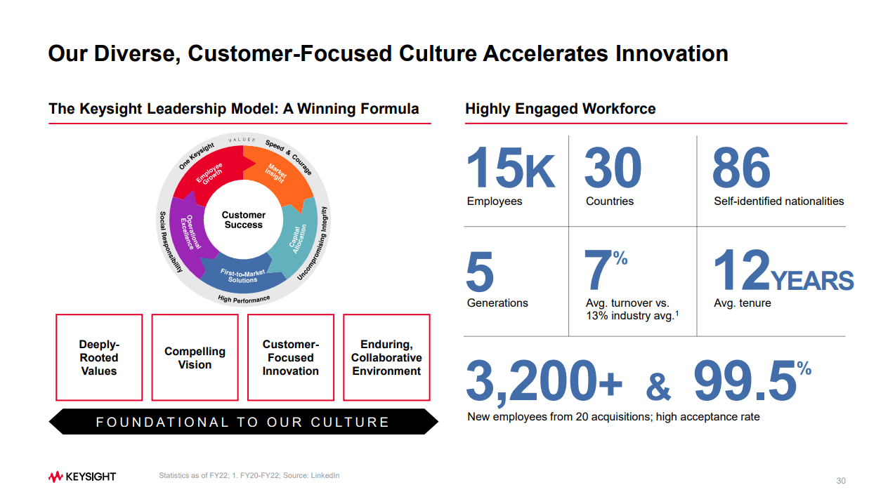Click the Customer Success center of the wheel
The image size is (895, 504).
point(243,220)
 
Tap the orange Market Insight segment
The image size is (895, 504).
point(277,173)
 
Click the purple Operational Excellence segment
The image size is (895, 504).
point(188,234)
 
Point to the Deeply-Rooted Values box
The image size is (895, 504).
point(99,357)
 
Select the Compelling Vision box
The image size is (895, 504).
point(195,357)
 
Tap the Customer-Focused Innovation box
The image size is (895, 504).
point(291,357)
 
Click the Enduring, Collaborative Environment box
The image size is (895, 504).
point(387,357)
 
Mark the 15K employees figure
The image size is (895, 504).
point(511,167)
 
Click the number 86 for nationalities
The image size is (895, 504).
point(741,167)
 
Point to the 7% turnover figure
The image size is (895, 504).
point(606,270)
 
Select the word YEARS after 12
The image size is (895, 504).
point(811,280)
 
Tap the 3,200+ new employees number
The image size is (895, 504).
point(544,380)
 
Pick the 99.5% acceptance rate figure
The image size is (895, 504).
point(753,380)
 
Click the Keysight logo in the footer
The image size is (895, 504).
point(82,477)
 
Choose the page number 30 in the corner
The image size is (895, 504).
point(841,481)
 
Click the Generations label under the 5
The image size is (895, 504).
point(497,303)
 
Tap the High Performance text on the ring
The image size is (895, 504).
point(244,299)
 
